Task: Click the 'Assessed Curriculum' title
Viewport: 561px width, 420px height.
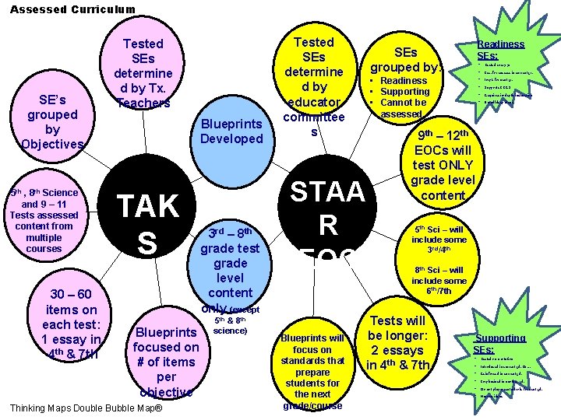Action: coord(72,9)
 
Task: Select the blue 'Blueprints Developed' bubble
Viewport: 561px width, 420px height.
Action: coord(231,131)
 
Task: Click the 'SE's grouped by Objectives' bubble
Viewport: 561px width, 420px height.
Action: coord(52,122)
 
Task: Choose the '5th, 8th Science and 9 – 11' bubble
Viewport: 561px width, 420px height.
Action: coord(44,220)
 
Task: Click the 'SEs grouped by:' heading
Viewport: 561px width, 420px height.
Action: coord(404,59)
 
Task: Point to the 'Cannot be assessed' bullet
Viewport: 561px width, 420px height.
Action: coord(403,107)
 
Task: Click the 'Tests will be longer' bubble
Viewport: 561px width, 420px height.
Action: coord(397,342)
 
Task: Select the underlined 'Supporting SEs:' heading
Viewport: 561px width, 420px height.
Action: coord(500,344)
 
